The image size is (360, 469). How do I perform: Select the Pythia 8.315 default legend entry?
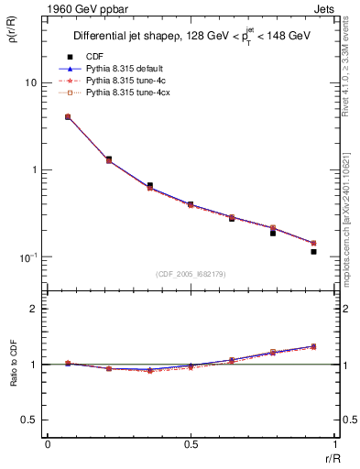pyautogui.click(x=121, y=69)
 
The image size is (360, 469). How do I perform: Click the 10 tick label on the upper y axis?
pyautogui.click(x=30, y=82)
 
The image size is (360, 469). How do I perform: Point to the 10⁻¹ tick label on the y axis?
pyautogui.click(x=27, y=256)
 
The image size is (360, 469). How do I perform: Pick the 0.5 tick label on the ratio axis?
pyautogui.click(x=29, y=420)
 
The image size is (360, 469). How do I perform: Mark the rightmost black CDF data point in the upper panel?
pyautogui.click(x=313, y=251)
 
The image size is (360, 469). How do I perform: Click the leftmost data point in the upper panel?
pyautogui.click(x=68, y=117)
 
